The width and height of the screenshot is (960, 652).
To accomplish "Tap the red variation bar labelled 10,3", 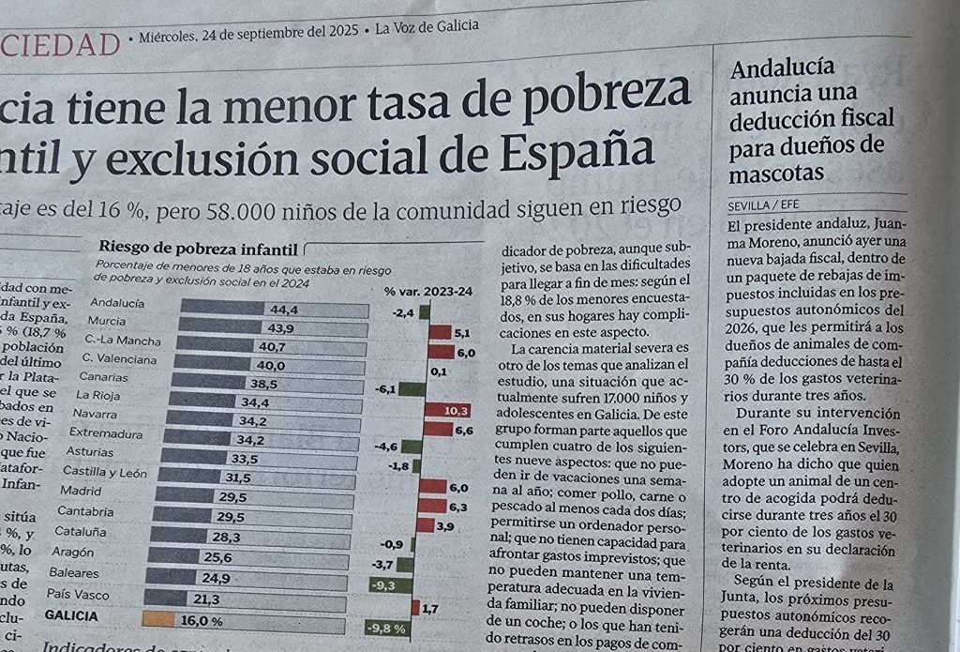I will [x=446, y=410].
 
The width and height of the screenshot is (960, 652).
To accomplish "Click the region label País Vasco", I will [x=77, y=594].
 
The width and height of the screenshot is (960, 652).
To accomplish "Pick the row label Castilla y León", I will [x=104, y=472].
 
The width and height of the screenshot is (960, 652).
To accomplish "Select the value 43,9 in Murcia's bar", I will [x=281, y=327].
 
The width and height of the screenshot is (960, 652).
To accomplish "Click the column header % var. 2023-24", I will [x=428, y=291].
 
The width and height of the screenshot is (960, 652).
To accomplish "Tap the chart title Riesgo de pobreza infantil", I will [x=199, y=249].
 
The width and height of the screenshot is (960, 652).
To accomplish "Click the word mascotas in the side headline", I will [x=777, y=174].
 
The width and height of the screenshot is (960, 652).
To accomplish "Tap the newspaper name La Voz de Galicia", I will [x=427, y=27].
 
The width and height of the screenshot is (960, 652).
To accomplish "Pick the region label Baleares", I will [x=74, y=572].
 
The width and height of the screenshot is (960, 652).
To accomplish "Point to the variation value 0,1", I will [x=437, y=371].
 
